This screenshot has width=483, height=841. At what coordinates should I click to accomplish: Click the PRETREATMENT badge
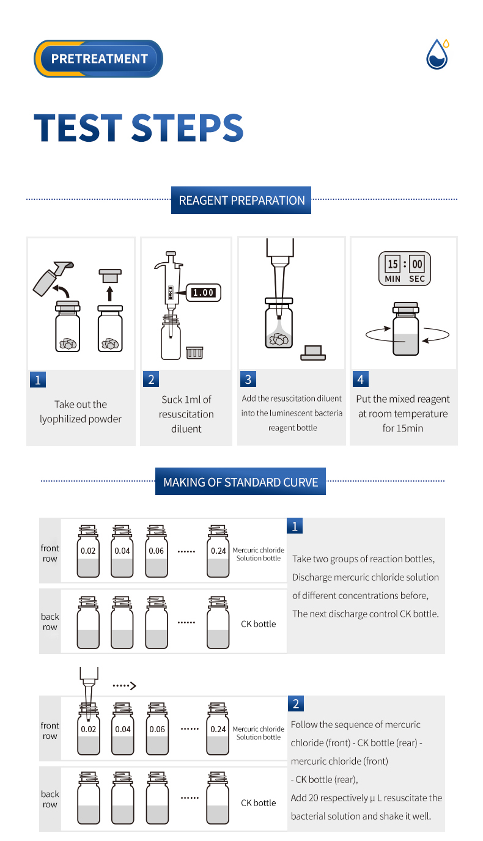point(98,59)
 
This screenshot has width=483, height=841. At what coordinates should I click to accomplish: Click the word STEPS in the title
point(188,128)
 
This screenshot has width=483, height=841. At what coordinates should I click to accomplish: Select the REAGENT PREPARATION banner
point(241,200)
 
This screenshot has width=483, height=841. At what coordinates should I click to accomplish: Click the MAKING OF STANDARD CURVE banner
point(240,482)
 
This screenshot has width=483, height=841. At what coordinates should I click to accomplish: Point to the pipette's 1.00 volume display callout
point(203,293)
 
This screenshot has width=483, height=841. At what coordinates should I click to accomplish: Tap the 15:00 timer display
point(405,269)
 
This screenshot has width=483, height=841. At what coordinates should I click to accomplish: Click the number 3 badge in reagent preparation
point(248,379)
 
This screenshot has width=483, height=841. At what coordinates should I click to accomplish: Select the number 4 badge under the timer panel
point(361,379)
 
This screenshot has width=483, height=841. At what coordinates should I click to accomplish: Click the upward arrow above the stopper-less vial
point(109,293)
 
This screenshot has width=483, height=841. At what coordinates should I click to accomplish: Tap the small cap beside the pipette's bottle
point(194,353)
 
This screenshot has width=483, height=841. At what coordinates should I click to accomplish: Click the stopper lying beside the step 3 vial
point(313,353)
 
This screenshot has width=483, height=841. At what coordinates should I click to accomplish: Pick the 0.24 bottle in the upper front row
point(218,551)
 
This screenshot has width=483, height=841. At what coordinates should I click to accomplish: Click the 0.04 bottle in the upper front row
point(122,551)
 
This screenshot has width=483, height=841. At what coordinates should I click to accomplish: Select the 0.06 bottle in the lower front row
point(157,729)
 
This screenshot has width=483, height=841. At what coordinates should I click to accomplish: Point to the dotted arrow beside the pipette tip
point(124,686)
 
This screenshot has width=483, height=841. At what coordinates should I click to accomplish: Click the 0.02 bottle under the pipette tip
point(89,729)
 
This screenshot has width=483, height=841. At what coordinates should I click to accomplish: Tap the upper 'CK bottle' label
point(259,624)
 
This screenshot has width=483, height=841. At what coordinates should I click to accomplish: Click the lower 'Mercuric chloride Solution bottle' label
point(259,733)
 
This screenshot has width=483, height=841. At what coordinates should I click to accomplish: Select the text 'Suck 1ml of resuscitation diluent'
point(186,414)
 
